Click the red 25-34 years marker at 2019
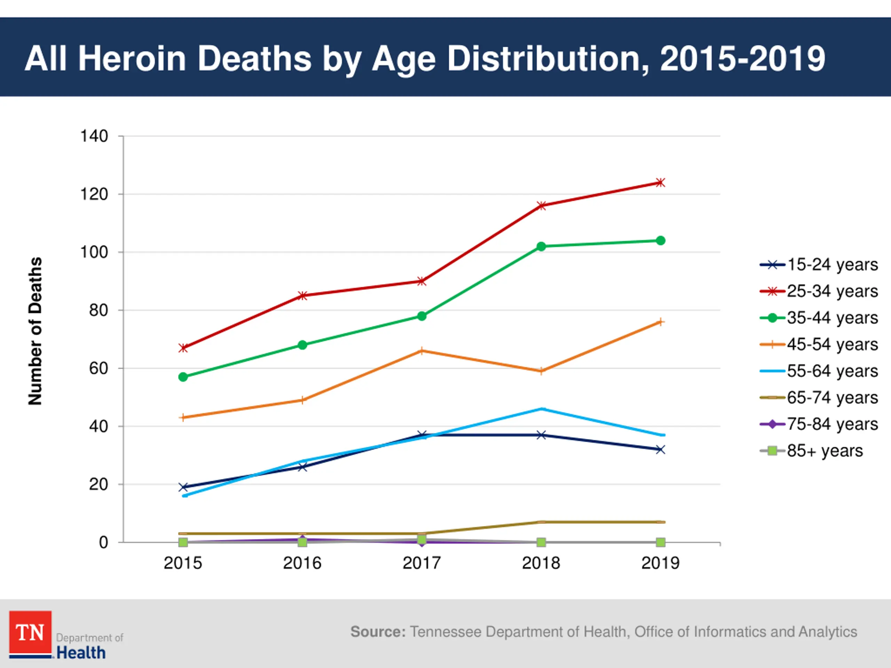(661, 183)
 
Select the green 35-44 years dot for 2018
(541, 246)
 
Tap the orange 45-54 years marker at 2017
(422, 351)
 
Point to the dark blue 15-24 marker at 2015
(183, 487)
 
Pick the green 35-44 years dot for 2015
(183, 377)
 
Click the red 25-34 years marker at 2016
(302, 295)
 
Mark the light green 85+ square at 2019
(661, 542)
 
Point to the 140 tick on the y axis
(94, 136)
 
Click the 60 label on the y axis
(99, 368)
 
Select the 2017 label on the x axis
(422, 563)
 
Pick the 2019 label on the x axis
(661, 563)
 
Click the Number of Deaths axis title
(36, 331)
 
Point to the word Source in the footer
(377, 632)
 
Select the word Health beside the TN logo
(81, 653)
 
